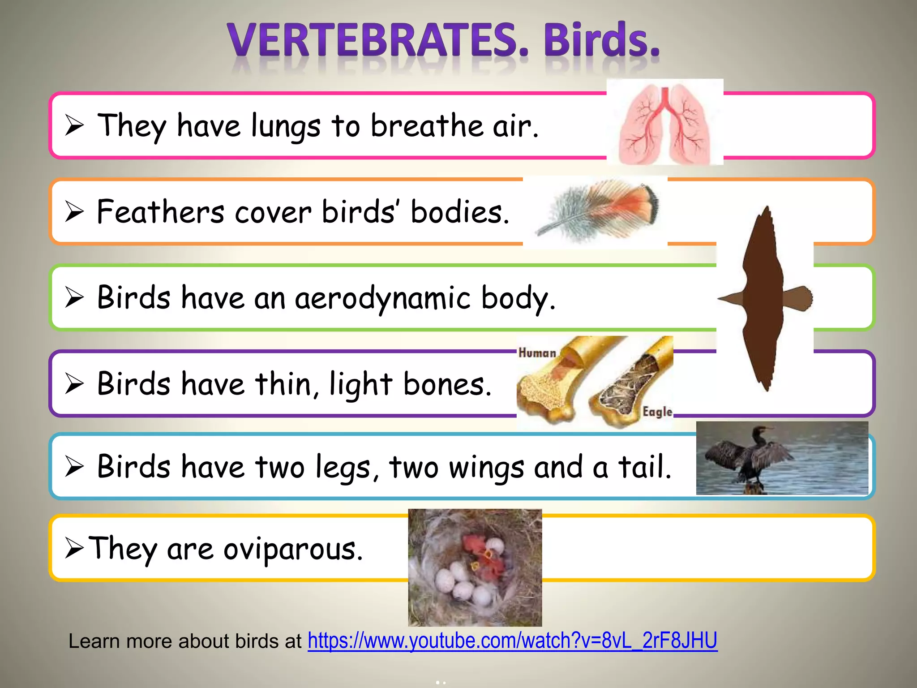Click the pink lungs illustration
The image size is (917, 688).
(664, 123)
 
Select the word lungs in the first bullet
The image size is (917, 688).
(286, 126)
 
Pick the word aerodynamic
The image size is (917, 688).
(382, 298)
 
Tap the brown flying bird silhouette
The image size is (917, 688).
(763, 298)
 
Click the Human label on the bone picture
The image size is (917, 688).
(537, 353)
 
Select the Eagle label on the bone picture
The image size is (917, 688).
(657, 412)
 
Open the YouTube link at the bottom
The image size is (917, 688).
(512, 641)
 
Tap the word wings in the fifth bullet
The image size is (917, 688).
(486, 468)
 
